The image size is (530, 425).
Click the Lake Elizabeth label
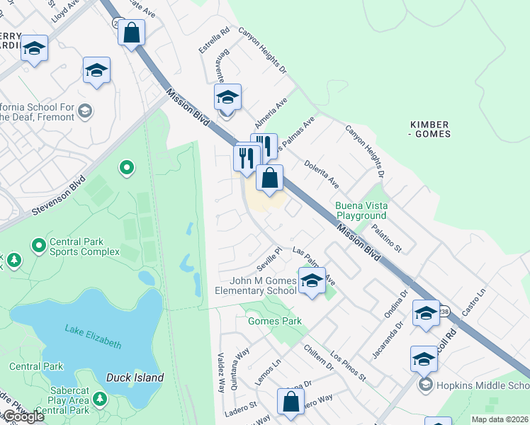click(93, 336)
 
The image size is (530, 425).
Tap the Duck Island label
click(135, 378)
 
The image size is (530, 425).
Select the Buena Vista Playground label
click(361, 210)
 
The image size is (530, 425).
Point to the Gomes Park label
click(274, 321)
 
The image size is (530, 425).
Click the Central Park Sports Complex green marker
click(38, 246)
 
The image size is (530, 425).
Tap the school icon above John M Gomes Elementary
click(311, 281)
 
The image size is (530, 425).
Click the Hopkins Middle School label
click(482, 385)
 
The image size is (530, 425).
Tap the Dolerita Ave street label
click(322, 174)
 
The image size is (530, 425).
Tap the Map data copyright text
click(500, 419)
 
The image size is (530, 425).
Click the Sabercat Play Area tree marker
click(99, 400)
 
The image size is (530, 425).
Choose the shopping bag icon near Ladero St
click(291, 402)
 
